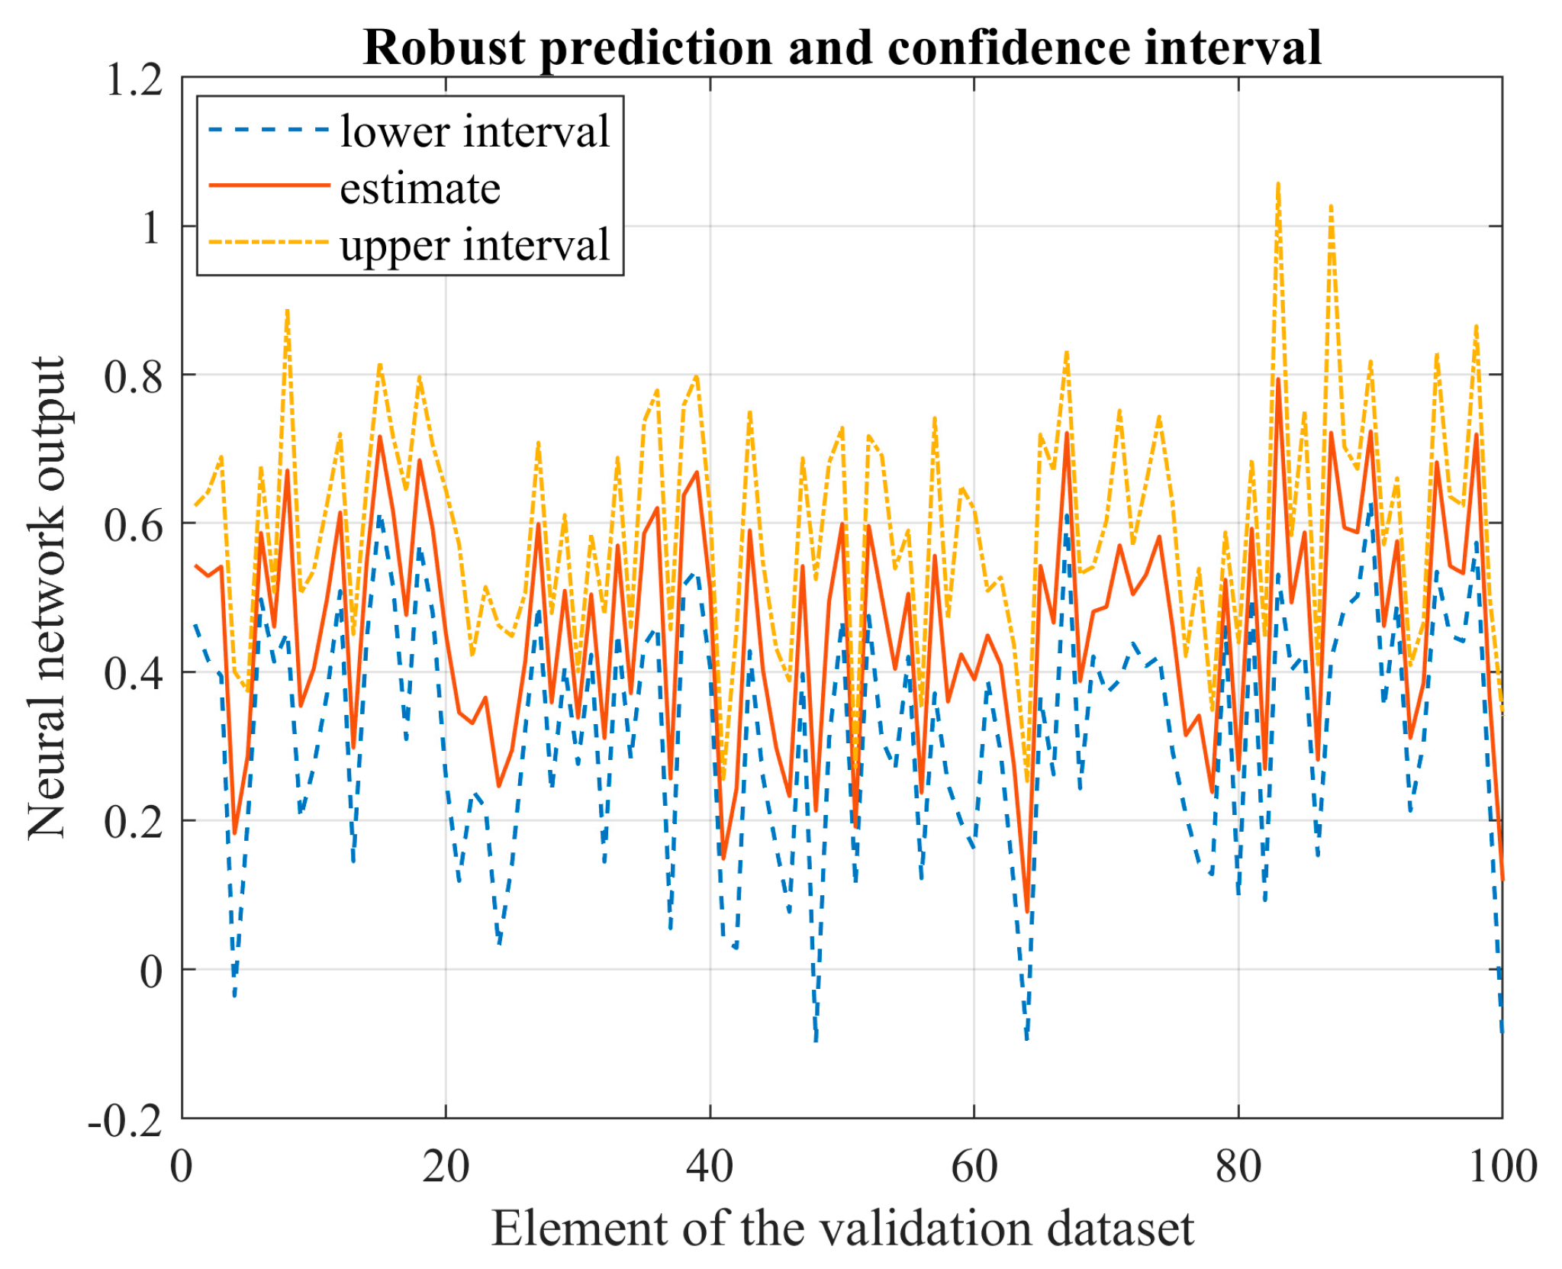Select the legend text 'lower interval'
pos(475,131)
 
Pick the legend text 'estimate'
pos(420,188)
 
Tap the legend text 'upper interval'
pos(475,246)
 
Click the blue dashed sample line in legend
pos(269,130)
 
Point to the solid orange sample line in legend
pos(269,185)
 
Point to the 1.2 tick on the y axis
pos(134,79)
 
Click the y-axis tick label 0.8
pos(134,376)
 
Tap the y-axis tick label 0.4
pos(134,674)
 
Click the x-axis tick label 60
pos(974,1167)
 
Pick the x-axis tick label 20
pos(446,1167)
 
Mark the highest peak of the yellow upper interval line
pos(1278,184)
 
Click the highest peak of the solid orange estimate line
pos(1278,378)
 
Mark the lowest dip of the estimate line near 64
pos(1027,911)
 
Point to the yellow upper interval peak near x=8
pos(287,311)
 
